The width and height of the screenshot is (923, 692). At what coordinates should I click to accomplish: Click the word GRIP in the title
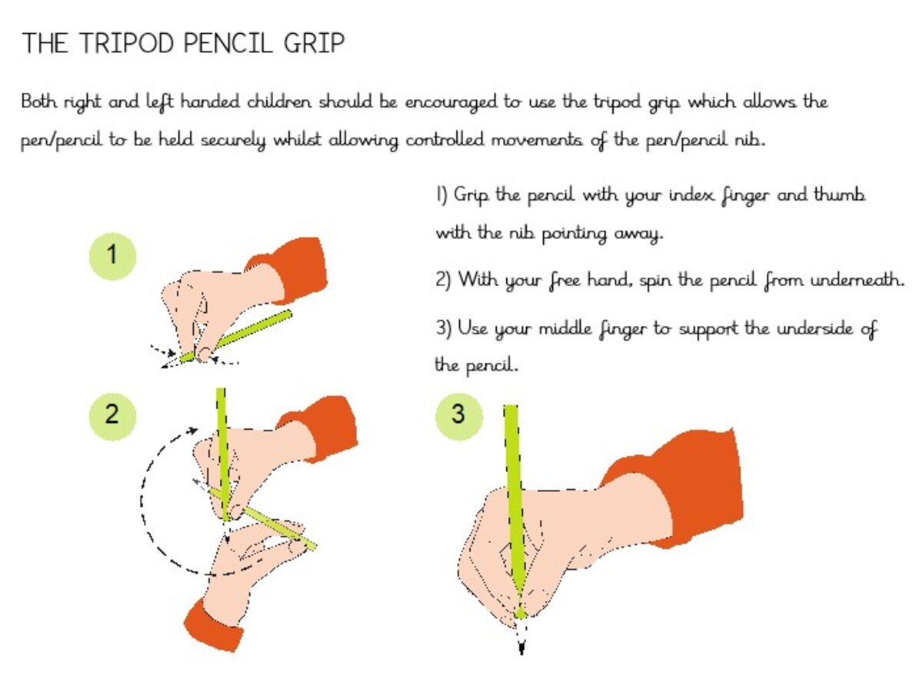pos(314,43)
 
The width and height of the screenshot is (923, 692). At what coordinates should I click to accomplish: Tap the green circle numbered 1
pos(112,256)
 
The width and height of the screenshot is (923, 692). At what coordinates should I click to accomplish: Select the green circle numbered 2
pos(112,416)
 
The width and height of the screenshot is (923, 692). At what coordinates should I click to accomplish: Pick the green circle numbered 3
pos(458,416)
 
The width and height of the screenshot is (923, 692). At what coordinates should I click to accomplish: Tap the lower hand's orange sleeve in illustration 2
pos(212,626)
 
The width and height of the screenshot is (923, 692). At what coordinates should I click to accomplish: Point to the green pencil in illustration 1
pos(235,336)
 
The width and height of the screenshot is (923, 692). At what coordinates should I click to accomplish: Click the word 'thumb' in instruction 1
pos(839,195)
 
